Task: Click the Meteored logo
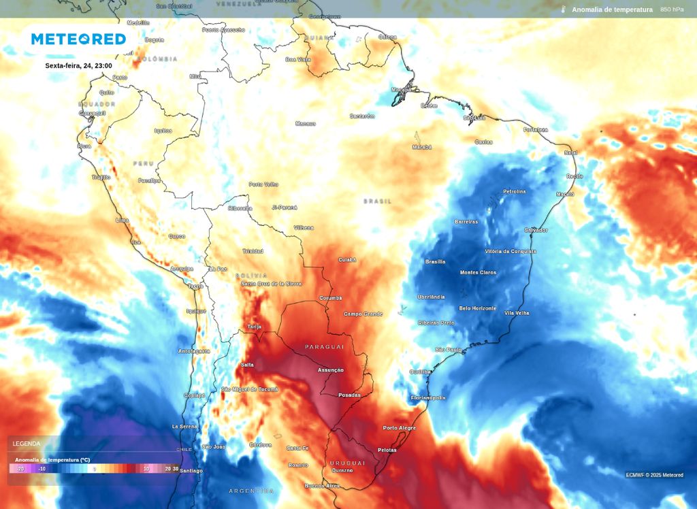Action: [78, 39]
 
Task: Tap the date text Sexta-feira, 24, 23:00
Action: [78, 66]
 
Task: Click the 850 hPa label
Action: [672, 10]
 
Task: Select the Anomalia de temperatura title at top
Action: [612, 10]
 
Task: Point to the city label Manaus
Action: [306, 124]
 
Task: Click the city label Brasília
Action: [435, 262]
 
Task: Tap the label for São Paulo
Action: [448, 350]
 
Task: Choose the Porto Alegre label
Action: [399, 427]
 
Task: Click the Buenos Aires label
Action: [322, 486]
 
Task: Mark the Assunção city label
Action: [331, 370]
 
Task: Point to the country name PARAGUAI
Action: [325, 346]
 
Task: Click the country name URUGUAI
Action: [348, 463]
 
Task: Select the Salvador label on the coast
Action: [536, 230]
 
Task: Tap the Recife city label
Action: [574, 176]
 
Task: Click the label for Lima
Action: [123, 220]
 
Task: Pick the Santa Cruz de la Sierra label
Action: [271, 283]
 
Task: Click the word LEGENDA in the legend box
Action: [26, 444]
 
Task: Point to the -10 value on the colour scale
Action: [42, 469]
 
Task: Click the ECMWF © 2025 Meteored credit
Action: [654, 475]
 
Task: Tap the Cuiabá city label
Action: [347, 260]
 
